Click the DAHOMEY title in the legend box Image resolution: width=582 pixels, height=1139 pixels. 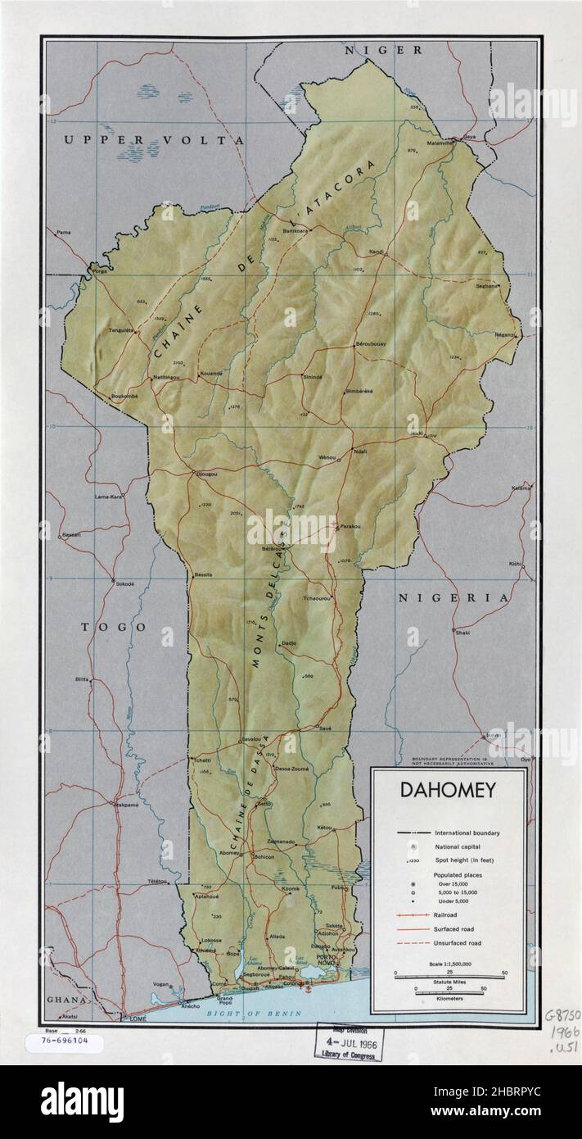(448, 792)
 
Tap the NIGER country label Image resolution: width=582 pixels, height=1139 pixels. (383, 50)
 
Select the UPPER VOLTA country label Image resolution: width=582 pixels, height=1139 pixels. (154, 140)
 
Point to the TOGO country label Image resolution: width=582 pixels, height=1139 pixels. (114, 627)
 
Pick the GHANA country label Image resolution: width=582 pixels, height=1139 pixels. (65, 1000)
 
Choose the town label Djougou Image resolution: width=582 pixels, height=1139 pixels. (206, 474)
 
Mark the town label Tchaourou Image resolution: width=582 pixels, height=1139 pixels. (317, 599)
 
